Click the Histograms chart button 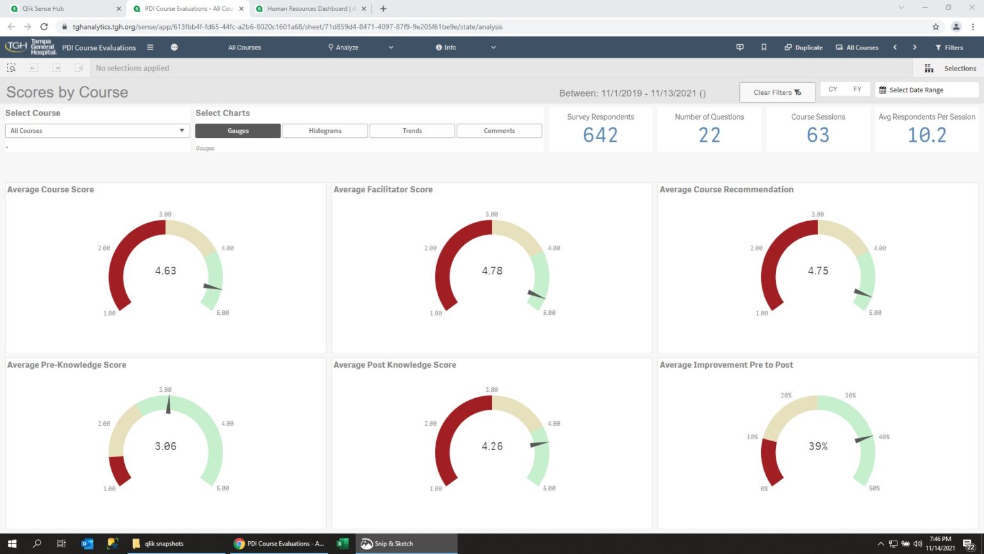[x=325, y=131]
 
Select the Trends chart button [x=412, y=131]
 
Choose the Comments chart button [x=499, y=131]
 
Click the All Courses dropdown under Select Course [x=97, y=131]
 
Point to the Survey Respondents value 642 [x=600, y=135]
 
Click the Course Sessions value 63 [x=818, y=135]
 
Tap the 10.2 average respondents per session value [x=926, y=135]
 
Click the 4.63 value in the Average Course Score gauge [x=165, y=271]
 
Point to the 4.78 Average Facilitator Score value [x=492, y=271]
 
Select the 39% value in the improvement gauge [x=818, y=446]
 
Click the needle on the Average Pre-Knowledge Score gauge [x=168, y=405]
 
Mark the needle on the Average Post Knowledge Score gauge [x=539, y=444]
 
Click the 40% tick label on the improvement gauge [x=884, y=437]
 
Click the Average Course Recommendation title [x=726, y=190]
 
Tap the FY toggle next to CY [x=857, y=90]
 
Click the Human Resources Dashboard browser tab [x=307, y=9]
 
